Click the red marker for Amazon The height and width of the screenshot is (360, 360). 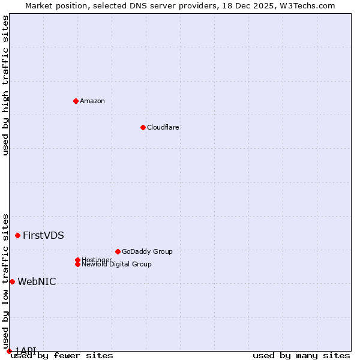76,101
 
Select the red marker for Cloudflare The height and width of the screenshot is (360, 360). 143,127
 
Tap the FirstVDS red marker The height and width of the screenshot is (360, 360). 18,235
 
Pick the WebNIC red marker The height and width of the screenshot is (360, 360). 12,281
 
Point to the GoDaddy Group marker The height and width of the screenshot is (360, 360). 118,251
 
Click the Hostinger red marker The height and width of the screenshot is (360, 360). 77,260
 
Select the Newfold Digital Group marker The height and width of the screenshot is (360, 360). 77,264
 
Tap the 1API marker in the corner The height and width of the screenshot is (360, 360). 9,351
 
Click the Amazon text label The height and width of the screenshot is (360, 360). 92,101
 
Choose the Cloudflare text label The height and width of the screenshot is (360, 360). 163,127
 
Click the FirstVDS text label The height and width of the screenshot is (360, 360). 43,235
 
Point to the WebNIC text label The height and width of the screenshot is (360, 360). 37,281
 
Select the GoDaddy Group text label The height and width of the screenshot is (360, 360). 147,251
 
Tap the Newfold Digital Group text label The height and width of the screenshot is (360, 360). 116,264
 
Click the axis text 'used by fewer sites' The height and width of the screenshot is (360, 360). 62,356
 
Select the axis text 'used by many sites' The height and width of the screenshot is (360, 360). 301,356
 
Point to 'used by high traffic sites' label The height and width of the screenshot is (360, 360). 6,85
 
